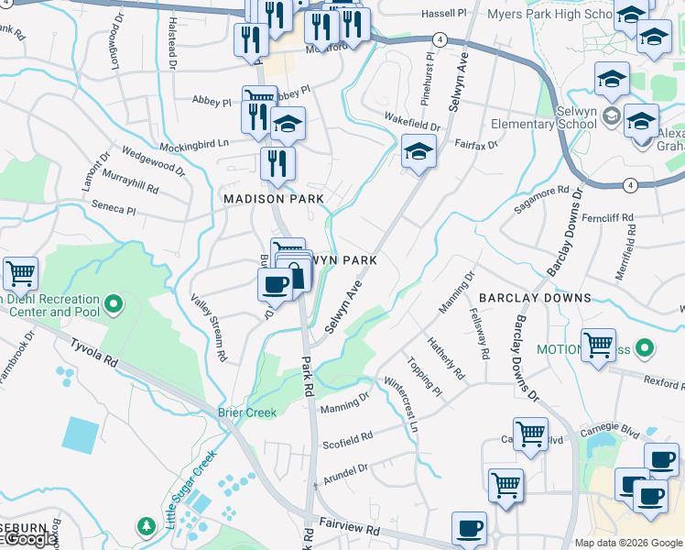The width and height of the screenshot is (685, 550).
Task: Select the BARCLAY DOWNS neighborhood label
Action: (535, 298)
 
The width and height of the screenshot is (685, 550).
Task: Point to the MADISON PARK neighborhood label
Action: (274, 199)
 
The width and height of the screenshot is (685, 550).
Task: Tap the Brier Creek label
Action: (246, 412)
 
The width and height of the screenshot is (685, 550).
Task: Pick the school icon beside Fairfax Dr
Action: (419, 150)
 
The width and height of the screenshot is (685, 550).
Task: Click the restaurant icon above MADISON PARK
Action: (277, 163)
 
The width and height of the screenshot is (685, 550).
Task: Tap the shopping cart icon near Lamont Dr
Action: (20, 273)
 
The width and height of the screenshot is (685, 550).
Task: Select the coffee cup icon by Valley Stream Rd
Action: (275, 284)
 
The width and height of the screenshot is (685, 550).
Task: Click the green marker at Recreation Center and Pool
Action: (114, 302)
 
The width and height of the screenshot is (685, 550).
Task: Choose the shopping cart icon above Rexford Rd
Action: (598, 345)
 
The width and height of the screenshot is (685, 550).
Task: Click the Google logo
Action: (30, 540)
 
